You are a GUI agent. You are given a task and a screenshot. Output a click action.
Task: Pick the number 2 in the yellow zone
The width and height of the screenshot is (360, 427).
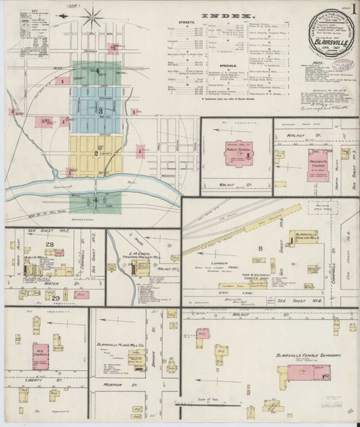(x=95, y=153)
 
